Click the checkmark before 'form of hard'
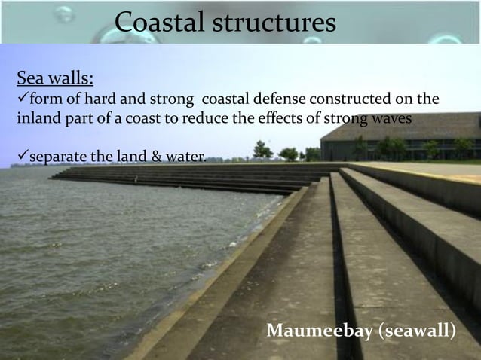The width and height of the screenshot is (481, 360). (21, 99)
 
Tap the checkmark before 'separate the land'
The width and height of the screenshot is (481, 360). (21, 157)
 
